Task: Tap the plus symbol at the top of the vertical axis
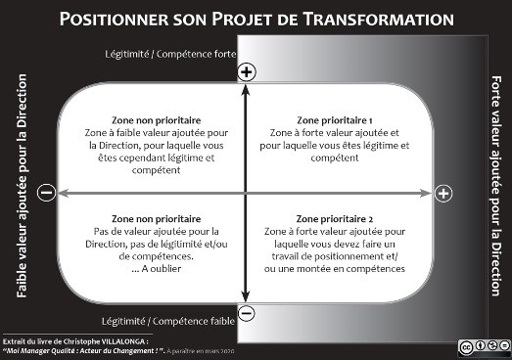[247, 71]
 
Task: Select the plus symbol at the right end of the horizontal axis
[442, 193]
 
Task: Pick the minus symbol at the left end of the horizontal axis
[45, 193]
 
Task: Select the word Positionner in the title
[112, 19]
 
